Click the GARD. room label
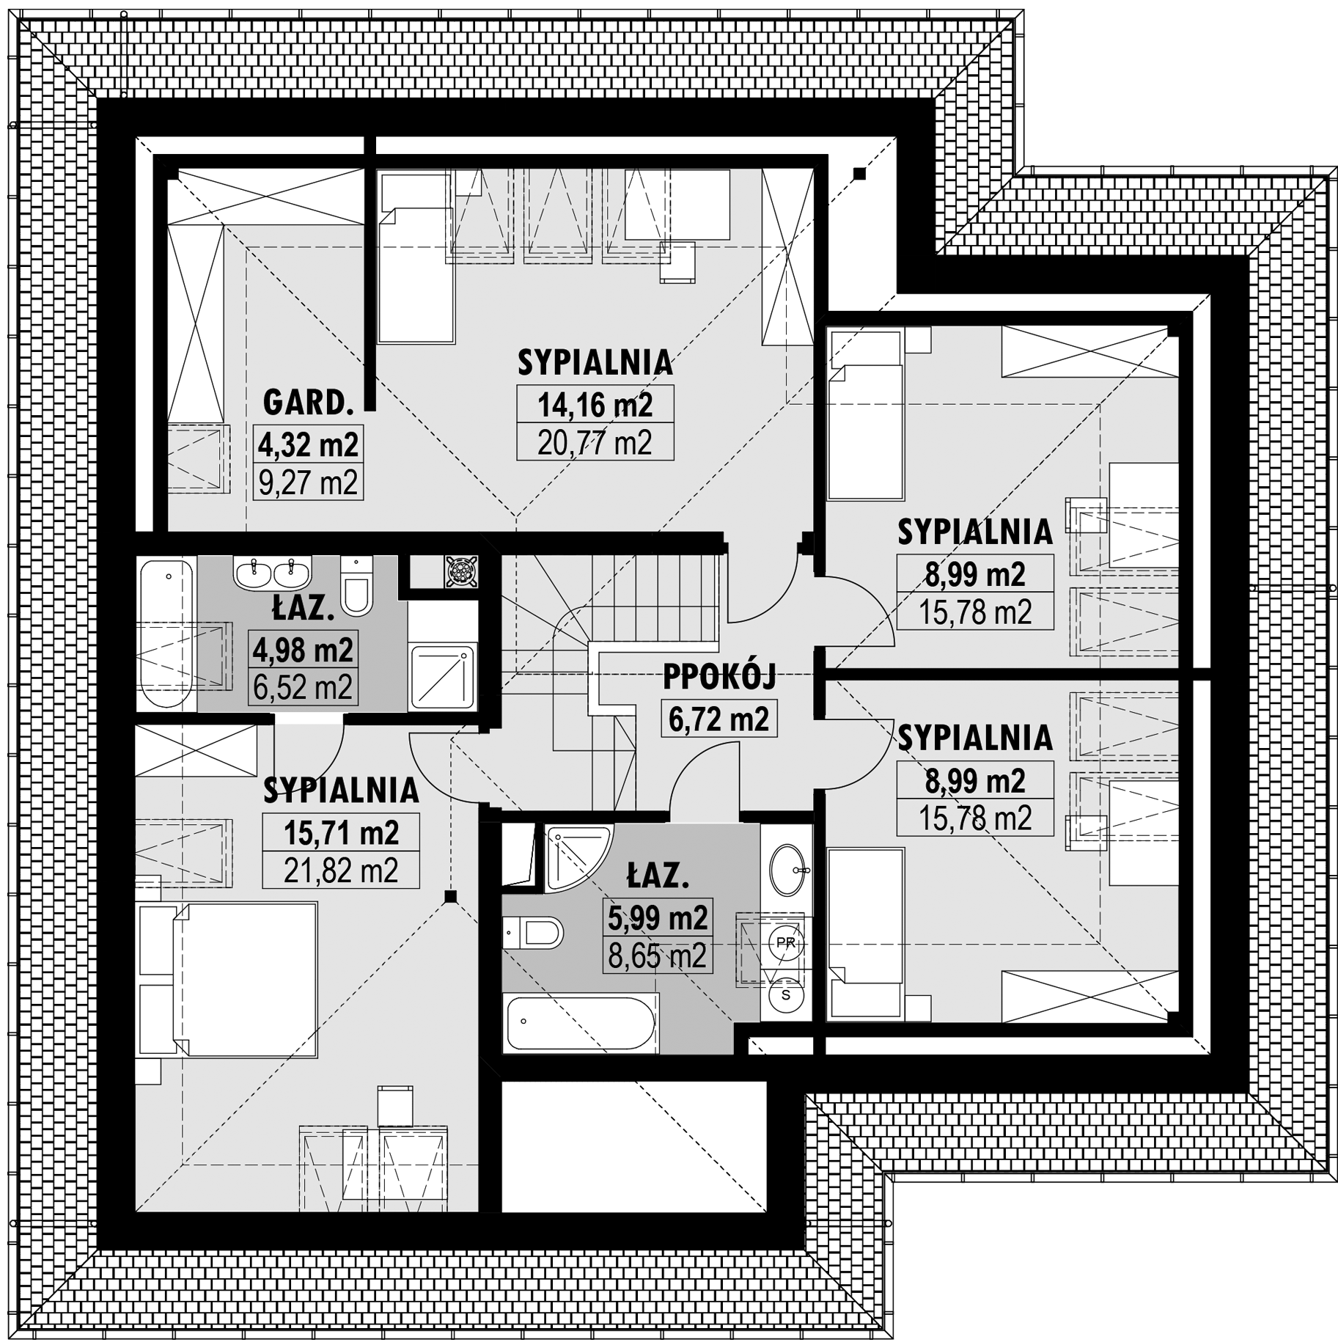click(x=309, y=403)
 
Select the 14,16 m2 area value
click(x=595, y=404)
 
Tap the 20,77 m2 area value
click(x=595, y=442)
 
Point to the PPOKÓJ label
click(x=718, y=678)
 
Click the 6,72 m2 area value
click(x=718, y=719)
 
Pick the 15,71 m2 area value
click(x=341, y=832)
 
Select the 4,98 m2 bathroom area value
click(x=303, y=649)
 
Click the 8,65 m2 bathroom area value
click(x=657, y=956)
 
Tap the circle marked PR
click(x=785, y=942)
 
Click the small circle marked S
click(x=786, y=995)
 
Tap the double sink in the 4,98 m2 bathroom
click(x=273, y=572)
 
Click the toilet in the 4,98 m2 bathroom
click(x=357, y=584)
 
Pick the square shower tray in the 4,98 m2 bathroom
click(x=443, y=676)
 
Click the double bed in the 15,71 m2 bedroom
click(x=227, y=980)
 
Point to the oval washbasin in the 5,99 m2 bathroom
click(x=787, y=870)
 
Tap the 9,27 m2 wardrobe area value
click(x=309, y=482)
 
